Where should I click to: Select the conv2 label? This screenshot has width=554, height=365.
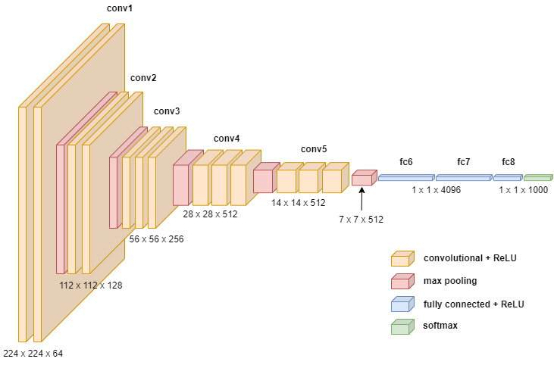click(x=143, y=78)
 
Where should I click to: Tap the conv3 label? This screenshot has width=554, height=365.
click(x=167, y=111)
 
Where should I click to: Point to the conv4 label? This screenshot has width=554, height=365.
click(x=226, y=139)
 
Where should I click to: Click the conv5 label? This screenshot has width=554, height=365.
click(x=314, y=149)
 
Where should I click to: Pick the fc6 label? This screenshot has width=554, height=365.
click(x=406, y=162)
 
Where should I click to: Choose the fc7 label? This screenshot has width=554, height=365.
click(x=464, y=162)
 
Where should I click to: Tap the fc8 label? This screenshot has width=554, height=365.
click(x=508, y=162)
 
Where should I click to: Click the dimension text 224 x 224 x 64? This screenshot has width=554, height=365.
click(x=33, y=352)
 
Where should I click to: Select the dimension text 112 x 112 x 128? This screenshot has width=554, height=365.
click(x=91, y=285)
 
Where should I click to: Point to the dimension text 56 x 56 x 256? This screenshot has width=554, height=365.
click(x=156, y=239)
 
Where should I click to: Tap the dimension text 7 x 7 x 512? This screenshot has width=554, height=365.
click(x=361, y=220)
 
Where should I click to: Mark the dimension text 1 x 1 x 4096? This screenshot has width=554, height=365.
click(x=436, y=190)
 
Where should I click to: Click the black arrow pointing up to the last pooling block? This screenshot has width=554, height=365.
click(x=362, y=200)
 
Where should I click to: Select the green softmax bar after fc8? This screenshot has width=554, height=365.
click(x=538, y=178)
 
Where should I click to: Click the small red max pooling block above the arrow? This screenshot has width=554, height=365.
click(x=362, y=178)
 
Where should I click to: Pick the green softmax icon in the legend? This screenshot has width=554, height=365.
click(x=402, y=326)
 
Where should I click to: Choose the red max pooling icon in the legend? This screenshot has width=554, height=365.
click(x=402, y=281)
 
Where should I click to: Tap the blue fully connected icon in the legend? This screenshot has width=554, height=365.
click(x=402, y=304)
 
